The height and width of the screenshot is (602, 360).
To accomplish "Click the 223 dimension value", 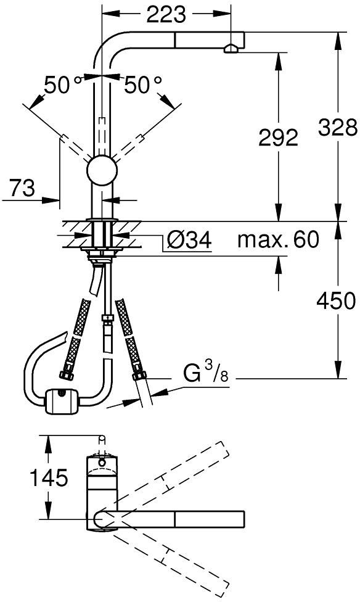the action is click(x=166, y=15).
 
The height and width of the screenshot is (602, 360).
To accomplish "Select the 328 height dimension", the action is click(x=338, y=128).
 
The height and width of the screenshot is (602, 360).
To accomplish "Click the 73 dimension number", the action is click(x=22, y=188).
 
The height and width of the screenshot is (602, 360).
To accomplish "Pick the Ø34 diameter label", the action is click(x=190, y=241).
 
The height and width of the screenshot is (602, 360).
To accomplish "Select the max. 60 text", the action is click(x=278, y=239).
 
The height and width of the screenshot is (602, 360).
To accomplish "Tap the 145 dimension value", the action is click(x=49, y=477).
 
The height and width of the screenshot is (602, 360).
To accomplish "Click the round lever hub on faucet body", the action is click(x=102, y=170).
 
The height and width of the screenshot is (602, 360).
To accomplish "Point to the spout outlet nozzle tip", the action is click(x=231, y=49).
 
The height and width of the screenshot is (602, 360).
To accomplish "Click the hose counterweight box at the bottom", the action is click(x=62, y=401).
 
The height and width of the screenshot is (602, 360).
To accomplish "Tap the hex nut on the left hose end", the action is click(x=67, y=375).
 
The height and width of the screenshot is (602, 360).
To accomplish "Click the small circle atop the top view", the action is click(x=102, y=438).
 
